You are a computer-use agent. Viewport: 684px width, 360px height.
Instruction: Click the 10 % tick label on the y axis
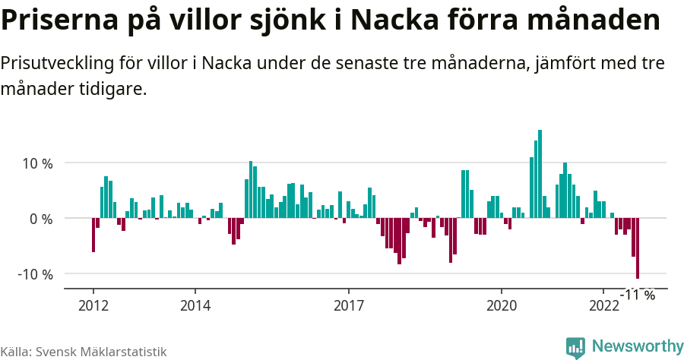pyautogui.click(x=37, y=163)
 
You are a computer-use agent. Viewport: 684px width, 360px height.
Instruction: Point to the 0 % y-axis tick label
pyautogui.click(x=40, y=219)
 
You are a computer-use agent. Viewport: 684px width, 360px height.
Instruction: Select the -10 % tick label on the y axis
pyautogui.click(x=35, y=274)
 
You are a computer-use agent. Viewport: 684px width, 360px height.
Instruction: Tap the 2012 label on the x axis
pyautogui.click(x=93, y=306)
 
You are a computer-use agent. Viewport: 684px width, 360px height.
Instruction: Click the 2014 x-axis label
pyautogui.click(x=195, y=306)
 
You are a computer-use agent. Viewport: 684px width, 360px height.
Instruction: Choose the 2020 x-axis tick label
pyautogui.click(x=502, y=306)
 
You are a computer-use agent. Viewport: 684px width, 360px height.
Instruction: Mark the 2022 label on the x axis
pyautogui.click(x=603, y=306)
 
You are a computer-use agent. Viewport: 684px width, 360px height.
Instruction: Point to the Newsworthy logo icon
pyautogui.click(x=575, y=347)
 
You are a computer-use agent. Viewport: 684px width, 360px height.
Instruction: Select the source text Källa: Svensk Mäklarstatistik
pyautogui.click(x=83, y=352)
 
